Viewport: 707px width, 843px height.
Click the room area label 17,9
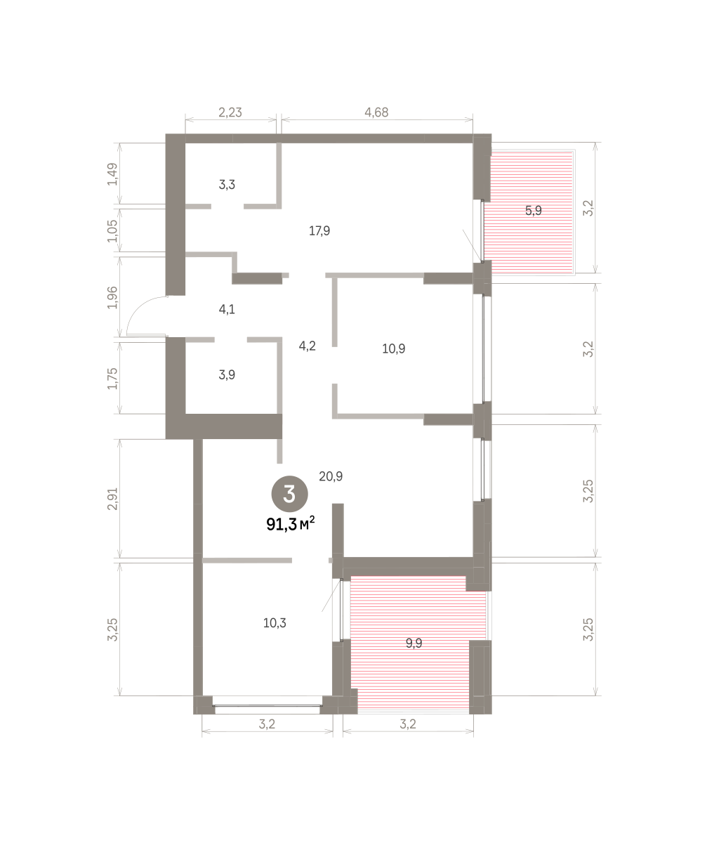coord(319,231)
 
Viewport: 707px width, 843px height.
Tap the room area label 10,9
coord(393,348)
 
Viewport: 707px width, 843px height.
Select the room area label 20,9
coord(331,476)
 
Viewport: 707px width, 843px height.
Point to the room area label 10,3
coord(275,623)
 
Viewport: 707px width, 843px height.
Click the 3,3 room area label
coord(227,185)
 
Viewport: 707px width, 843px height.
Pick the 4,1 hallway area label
coord(226,310)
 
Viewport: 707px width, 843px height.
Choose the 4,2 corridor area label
coord(307,346)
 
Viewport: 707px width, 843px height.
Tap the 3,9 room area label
coord(227,374)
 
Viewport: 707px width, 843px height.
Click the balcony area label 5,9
coord(533,210)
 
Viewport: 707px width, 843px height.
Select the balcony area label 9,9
coord(414,643)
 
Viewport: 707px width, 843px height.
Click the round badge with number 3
coord(290,494)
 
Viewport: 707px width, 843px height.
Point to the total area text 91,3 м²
coord(290,524)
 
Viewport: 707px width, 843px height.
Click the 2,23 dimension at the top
coord(230,112)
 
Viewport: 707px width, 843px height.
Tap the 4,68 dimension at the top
coord(376,112)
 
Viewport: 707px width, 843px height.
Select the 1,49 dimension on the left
coord(112,174)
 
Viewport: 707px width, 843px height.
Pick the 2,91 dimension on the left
coord(112,499)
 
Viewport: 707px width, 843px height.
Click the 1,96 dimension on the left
coord(112,298)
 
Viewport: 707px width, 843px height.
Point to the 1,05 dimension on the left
coord(112,231)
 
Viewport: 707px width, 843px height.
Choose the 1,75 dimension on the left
coord(112,379)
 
